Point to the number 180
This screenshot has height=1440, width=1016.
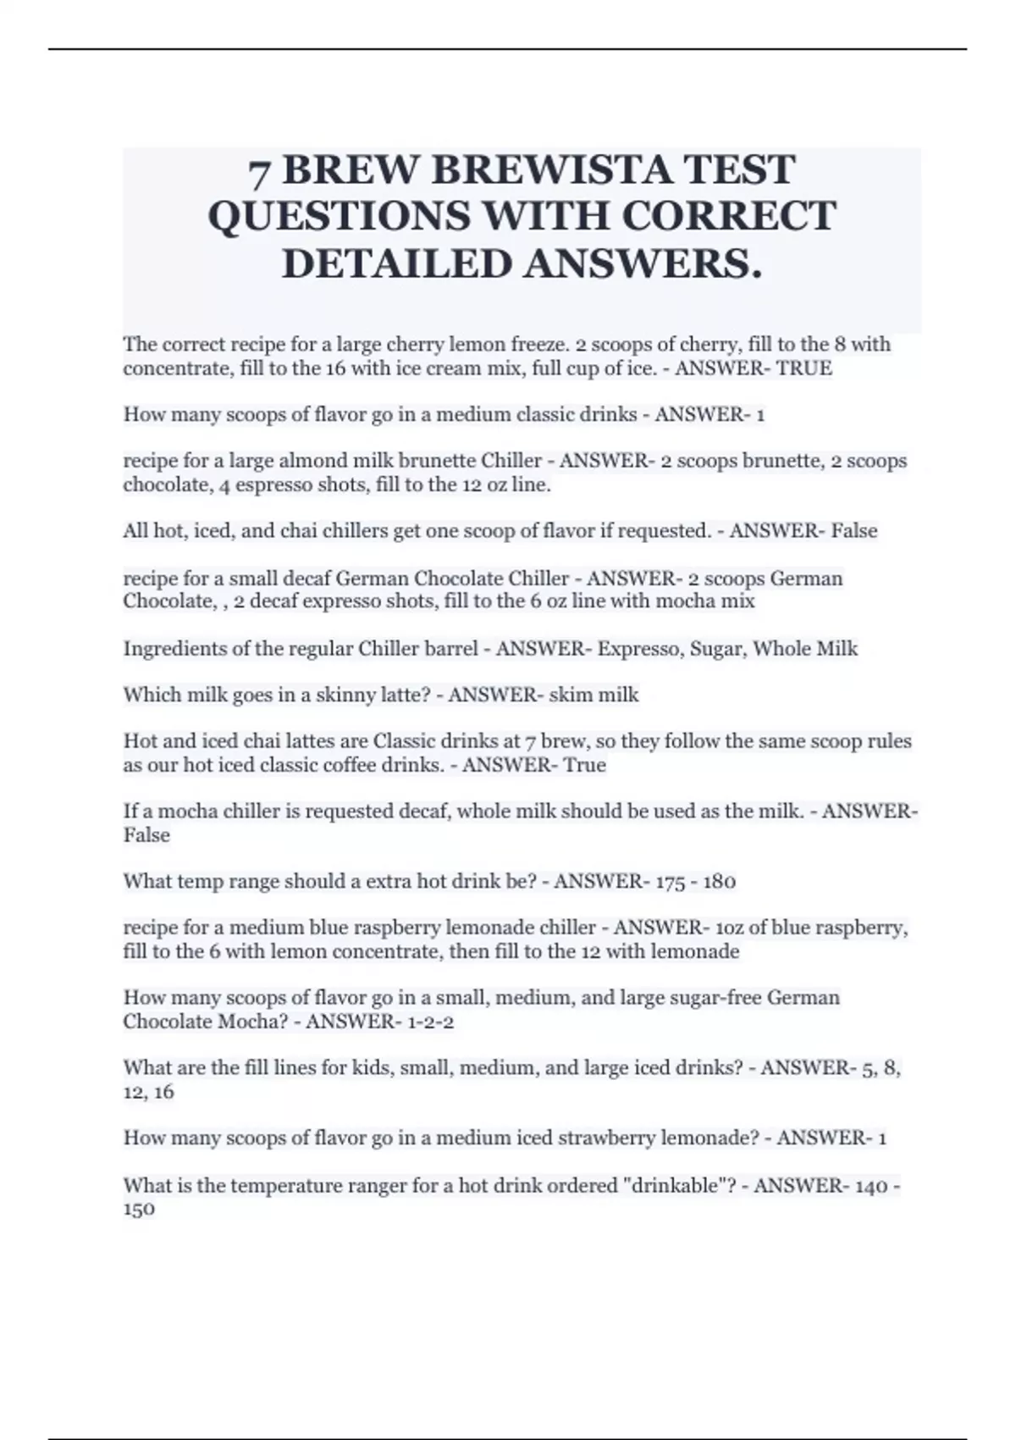719,882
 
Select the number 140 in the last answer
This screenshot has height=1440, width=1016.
871,1186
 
